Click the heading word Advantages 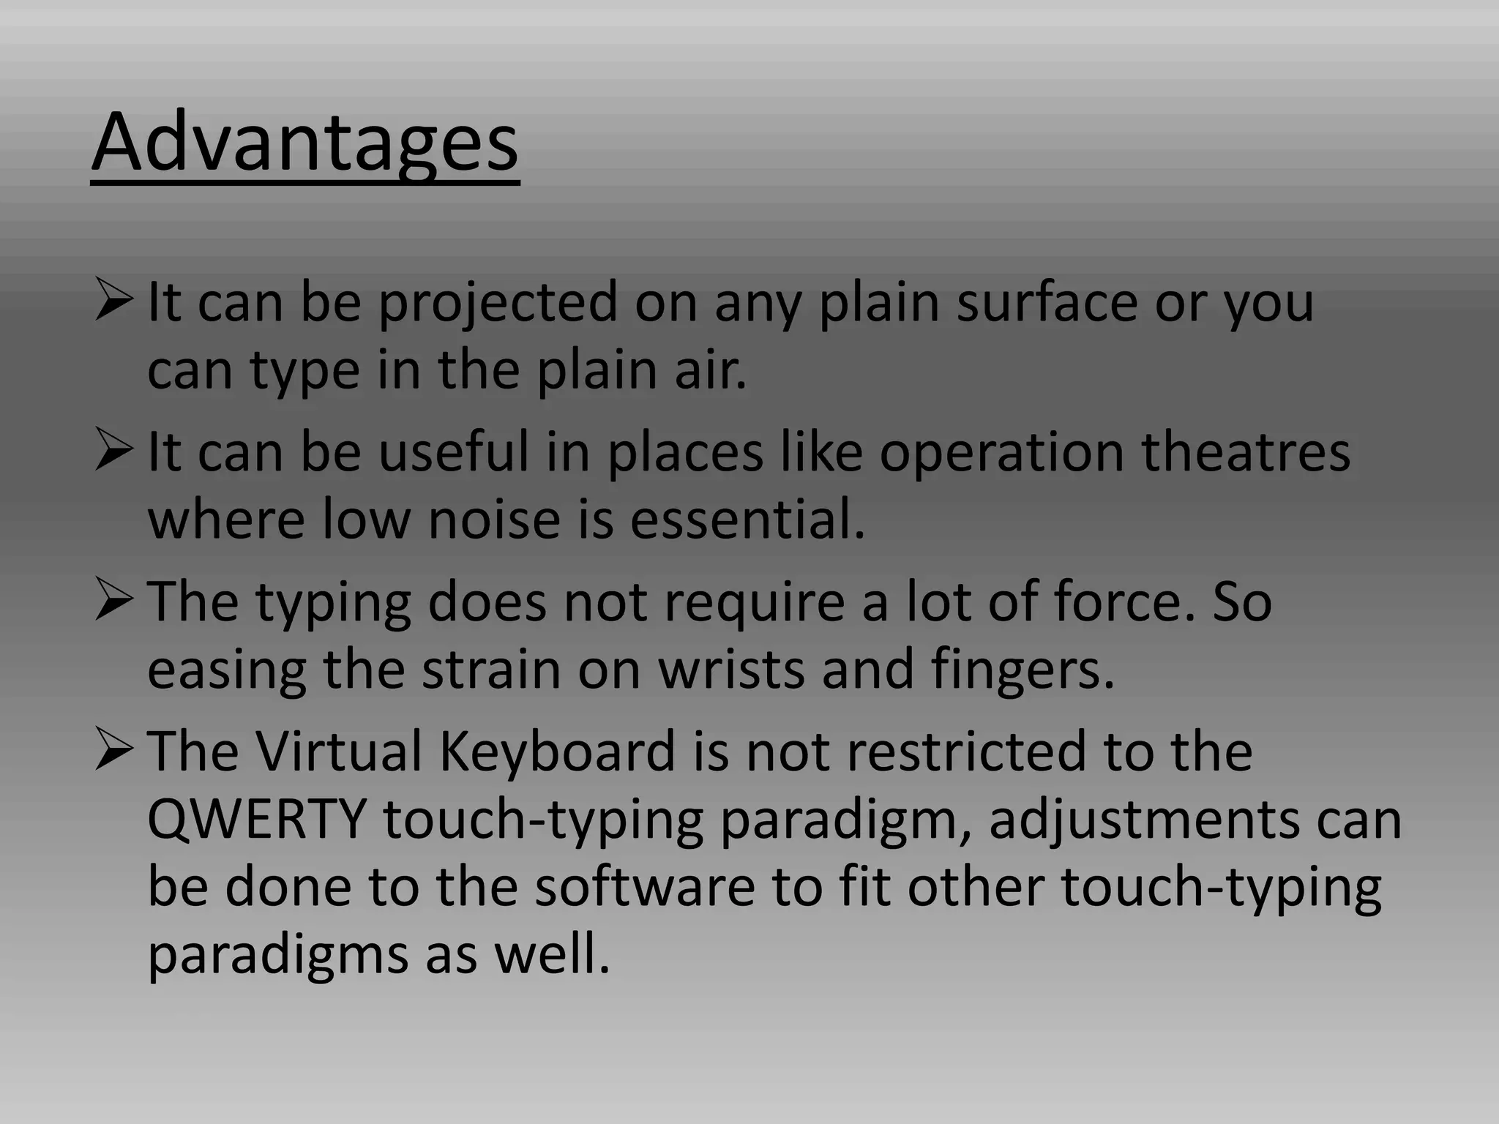pyautogui.click(x=304, y=143)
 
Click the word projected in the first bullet pyautogui.click(x=498, y=304)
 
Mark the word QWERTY pyautogui.click(x=256, y=820)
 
